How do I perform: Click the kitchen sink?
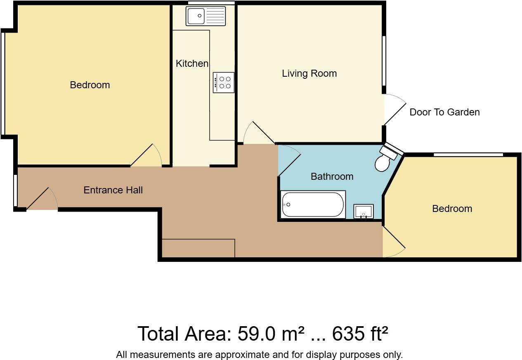(206, 16)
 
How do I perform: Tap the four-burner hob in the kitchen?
(223, 82)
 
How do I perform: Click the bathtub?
(313, 205)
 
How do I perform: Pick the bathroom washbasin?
(364, 212)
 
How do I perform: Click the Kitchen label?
(192, 64)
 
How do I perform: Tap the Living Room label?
(309, 73)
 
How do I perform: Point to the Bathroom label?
(332, 176)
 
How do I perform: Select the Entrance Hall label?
(113, 190)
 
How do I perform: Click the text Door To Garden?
(444, 112)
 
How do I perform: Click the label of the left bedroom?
(90, 85)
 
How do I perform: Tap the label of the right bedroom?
(452, 209)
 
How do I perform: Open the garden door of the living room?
(394, 110)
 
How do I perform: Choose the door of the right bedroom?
(394, 242)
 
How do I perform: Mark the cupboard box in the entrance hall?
(198, 248)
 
